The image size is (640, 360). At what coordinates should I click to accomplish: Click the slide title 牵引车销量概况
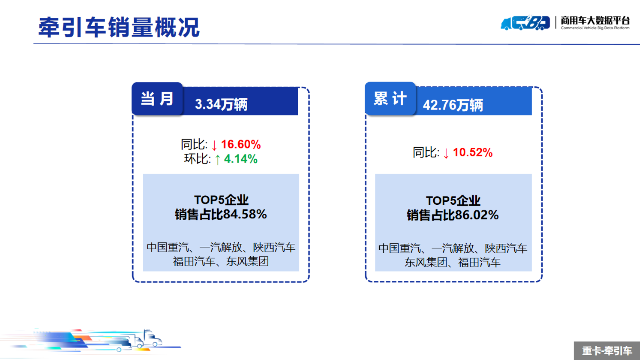click(x=119, y=27)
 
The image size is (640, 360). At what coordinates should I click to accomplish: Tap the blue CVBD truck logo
click(x=525, y=22)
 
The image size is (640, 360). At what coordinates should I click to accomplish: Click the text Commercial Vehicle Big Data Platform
click(x=595, y=28)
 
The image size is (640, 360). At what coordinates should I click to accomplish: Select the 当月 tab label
click(x=157, y=99)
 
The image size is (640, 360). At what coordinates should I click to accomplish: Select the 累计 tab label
click(x=390, y=99)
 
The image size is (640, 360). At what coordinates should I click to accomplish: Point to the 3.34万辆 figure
click(x=221, y=104)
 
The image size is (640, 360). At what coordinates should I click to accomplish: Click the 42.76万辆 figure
click(x=453, y=105)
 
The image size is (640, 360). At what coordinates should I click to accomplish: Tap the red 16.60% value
click(x=241, y=144)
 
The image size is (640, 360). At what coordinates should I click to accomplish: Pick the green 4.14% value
click(x=240, y=159)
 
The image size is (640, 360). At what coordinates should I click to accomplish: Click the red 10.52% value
click(x=473, y=152)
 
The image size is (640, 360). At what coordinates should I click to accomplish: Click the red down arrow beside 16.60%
click(x=214, y=145)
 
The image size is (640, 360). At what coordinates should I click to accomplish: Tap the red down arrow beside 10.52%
click(x=446, y=153)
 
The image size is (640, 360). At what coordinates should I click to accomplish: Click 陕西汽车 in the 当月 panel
click(x=274, y=247)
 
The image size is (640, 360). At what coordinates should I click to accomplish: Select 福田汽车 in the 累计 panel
click(x=479, y=262)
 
